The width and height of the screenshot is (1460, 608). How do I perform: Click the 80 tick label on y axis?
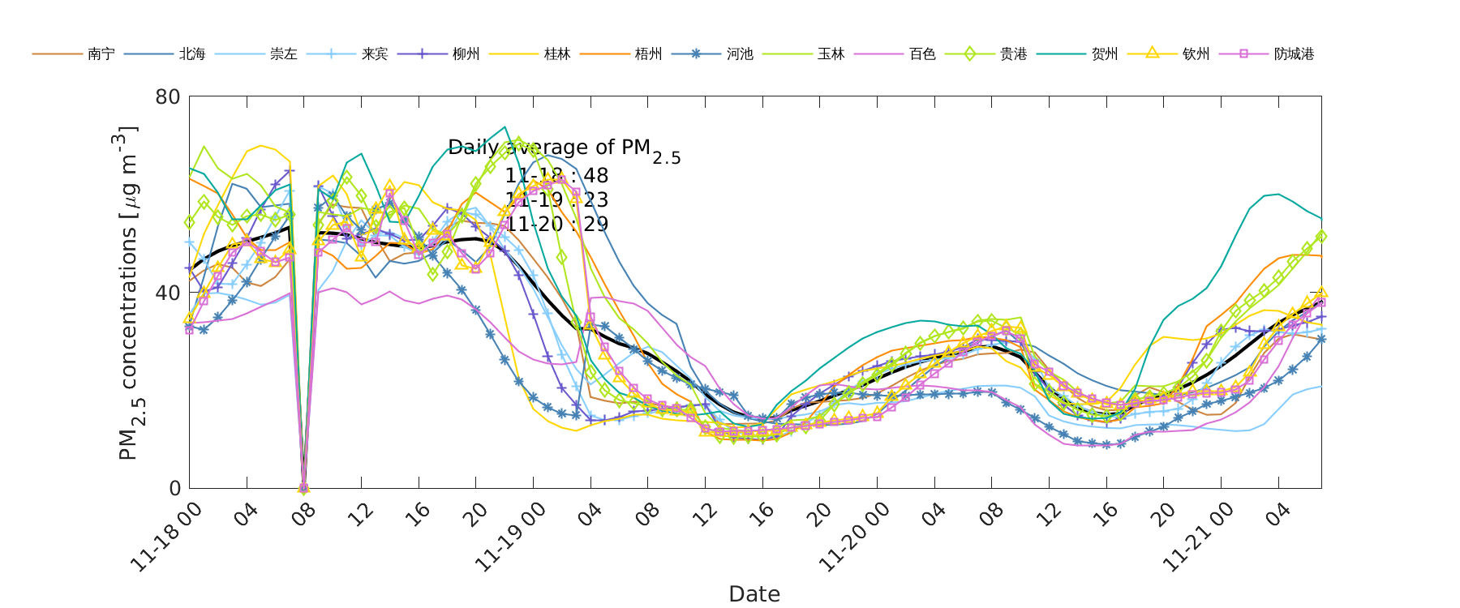(168, 96)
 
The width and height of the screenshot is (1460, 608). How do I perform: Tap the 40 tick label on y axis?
(168, 293)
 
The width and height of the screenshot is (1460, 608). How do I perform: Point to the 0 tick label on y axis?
(174, 488)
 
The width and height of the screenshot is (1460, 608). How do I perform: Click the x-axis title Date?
(754, 594)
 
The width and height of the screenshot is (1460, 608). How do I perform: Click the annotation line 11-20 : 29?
(556, 225)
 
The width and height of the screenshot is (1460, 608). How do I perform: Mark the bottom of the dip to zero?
(304, 488)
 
